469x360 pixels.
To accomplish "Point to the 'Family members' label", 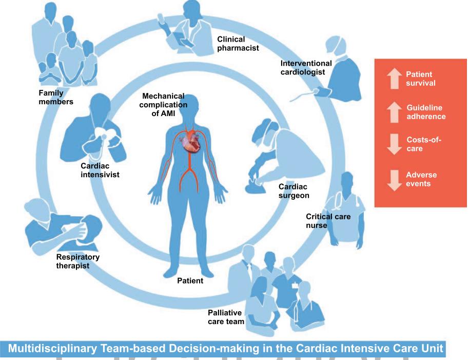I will click(56, 97).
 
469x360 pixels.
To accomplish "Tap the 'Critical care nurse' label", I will click(328, 221).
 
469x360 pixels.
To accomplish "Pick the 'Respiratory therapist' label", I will click(77, 261).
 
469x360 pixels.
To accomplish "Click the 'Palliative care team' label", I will click(226, 317).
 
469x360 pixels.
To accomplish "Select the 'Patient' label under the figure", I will click(190, 281).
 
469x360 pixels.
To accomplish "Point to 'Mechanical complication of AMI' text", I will click(164, 104).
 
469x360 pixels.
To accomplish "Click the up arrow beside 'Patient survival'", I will click(394, 79).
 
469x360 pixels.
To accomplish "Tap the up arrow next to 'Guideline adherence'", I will click(394, 112).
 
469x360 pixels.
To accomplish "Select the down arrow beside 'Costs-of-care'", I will click(394, 144).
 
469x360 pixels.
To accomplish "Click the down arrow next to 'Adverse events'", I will click(394, 179).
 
